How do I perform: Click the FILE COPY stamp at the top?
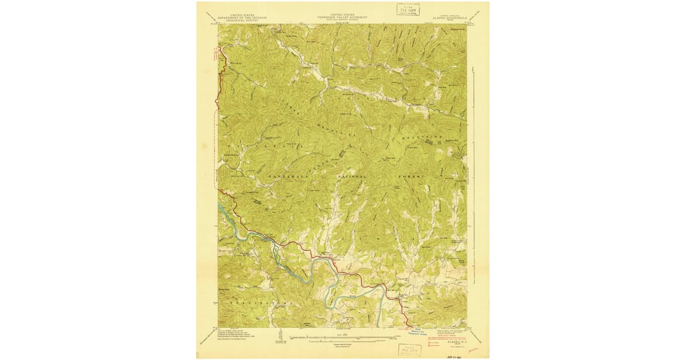[x=408, y=10]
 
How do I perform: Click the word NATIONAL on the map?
[x=356, y=178]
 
